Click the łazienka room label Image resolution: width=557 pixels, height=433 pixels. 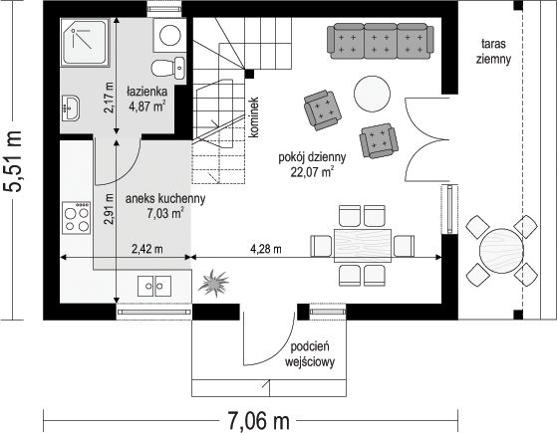click(x=147, y=92)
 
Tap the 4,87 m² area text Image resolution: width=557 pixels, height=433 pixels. click(x=147, y=107)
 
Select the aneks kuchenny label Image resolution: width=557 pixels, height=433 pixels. click(x=165, y=199)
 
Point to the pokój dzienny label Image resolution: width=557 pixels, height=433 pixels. click(x=312, y=157)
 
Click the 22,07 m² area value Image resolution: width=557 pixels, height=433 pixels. click(x=313, y=172)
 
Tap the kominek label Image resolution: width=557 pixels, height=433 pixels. click(x=254, y=117)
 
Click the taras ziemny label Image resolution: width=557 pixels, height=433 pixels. click(x=494, y=52)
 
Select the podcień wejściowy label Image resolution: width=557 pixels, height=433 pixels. click(x=310, y=354)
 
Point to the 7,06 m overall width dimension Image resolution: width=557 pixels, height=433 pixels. click(x=258, y=421)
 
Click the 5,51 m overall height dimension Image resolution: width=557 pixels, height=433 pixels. click(x=13, y=162)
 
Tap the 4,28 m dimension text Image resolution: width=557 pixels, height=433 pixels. click(x=266, y=249)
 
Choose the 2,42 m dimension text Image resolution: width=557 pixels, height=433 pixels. click(x=147, y=249)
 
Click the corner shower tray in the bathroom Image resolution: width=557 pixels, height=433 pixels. click(x=85, y=42)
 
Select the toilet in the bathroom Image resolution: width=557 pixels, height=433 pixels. click(x=168, y=67)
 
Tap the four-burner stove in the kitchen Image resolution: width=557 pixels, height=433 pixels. click(x=76, y=218)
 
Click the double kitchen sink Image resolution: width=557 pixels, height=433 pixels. click(x=154, y=286)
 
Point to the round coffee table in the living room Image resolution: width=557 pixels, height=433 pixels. click(x=373, y=94)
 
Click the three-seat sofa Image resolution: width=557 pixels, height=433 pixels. click(x=381, y=41)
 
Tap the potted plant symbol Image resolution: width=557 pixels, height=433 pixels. click(x=213, y=283)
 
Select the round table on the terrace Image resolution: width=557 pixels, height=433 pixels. click(x=501, y=251)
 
